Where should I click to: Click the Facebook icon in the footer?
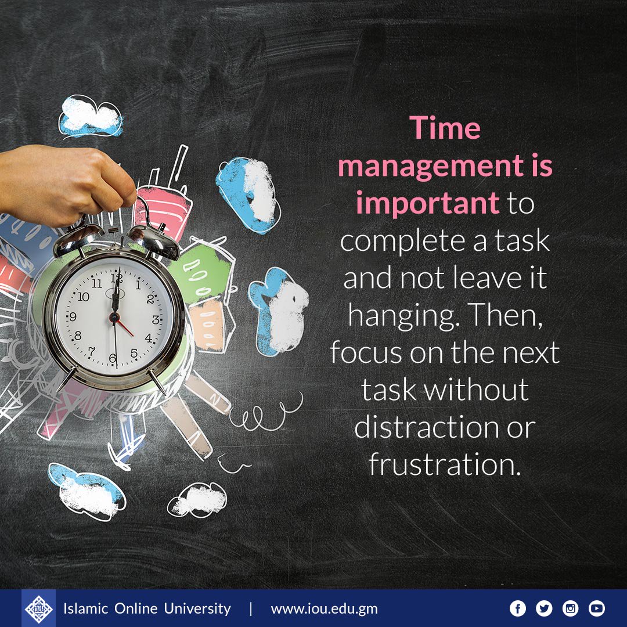517,608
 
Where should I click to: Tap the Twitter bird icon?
544,608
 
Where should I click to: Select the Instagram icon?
571,608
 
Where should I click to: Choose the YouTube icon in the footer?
597,608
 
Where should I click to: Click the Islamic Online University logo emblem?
38,608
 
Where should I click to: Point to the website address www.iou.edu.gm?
324,609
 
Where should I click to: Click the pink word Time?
445,128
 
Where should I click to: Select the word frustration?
442,465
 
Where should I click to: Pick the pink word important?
428,204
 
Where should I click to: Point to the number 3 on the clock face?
155,319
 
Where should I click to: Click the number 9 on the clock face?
73,317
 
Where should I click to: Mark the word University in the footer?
197,608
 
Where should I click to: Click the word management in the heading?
430,167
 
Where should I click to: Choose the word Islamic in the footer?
88,608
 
